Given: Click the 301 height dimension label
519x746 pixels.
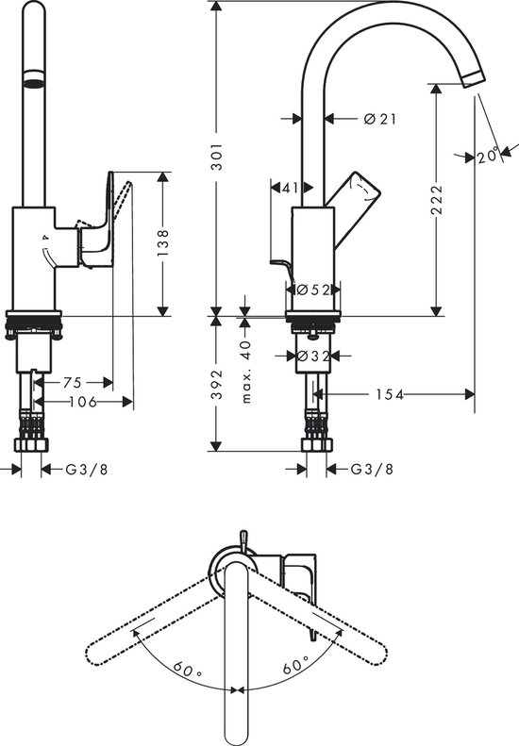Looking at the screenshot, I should [x=217, y=156].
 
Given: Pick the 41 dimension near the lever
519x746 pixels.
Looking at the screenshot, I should [x=291, y=188].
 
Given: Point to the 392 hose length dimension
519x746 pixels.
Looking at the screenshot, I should [x=217, y=384].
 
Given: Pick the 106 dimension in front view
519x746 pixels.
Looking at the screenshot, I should [x=86, y=402].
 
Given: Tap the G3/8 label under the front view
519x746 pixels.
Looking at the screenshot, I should [x=85, y=469].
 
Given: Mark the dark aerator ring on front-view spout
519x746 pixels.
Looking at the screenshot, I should [x=34, y=79].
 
